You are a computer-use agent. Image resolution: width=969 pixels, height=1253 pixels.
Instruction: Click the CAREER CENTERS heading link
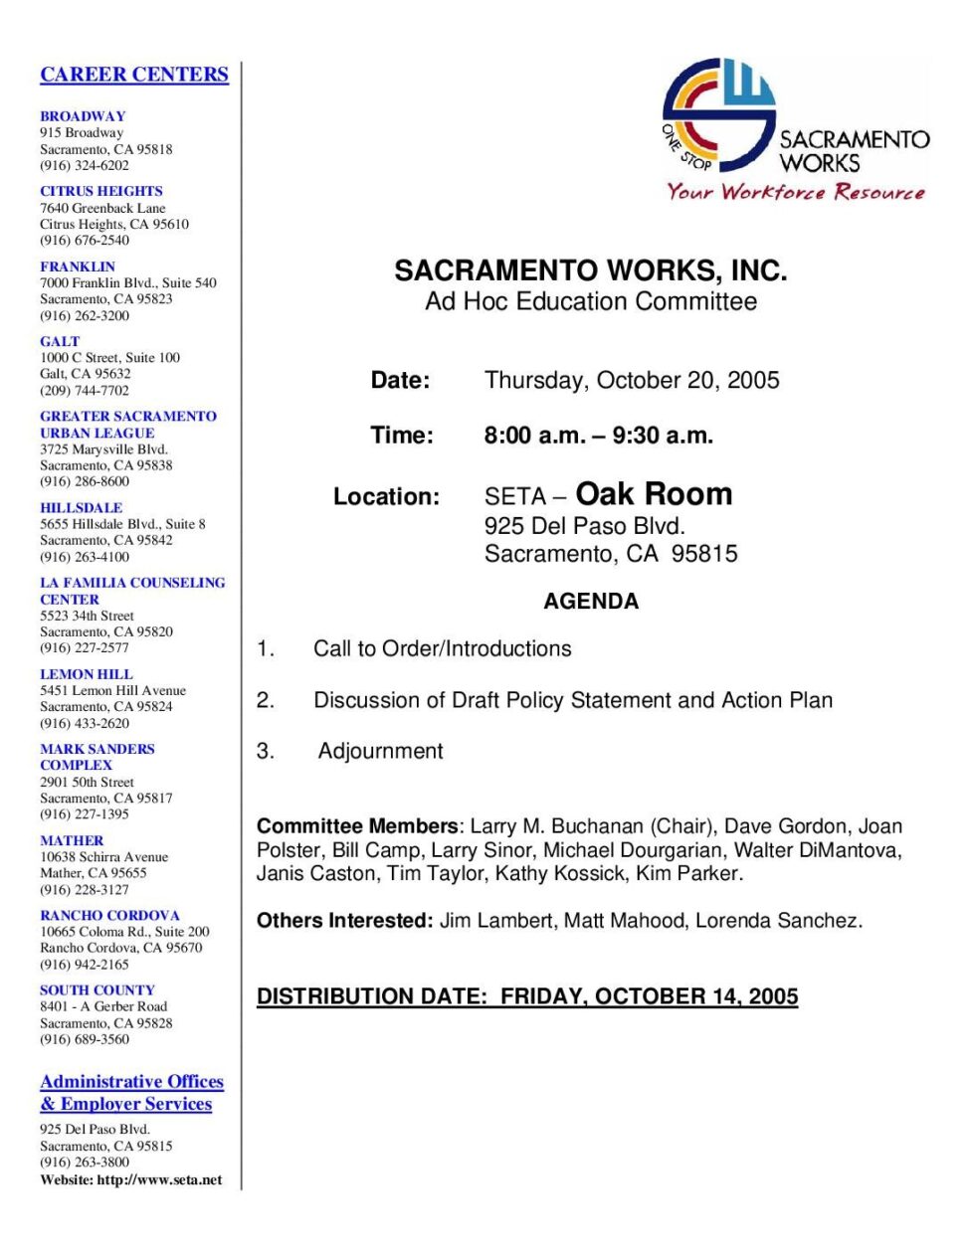pos(134,75)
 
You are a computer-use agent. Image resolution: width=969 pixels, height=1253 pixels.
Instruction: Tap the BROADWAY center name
pos(83,116)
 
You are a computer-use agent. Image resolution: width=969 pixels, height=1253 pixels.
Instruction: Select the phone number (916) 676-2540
pos(85,240)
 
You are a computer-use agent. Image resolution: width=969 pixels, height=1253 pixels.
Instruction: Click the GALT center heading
pos(60,341)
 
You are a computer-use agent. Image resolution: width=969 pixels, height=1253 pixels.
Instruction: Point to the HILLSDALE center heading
pos(82,507)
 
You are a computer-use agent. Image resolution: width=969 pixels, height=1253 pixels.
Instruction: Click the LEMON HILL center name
pos(87,674)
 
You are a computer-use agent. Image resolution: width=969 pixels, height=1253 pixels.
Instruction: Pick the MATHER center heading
pos(72,840)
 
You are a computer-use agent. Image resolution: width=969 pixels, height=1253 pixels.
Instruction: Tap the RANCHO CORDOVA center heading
pos(110,915)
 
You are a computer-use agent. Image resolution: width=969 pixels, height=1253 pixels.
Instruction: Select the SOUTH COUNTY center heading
pos(97,990)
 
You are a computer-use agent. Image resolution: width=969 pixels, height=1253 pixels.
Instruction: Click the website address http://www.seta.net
pos(159,1180)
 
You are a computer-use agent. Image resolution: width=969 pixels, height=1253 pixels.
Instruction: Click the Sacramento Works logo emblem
pos(718,114)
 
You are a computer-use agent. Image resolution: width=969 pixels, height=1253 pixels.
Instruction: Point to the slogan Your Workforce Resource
pos(796,192)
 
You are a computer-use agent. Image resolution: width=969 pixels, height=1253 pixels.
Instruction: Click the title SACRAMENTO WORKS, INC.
pos(591,270)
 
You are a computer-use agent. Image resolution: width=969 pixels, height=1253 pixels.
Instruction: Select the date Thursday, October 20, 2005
pos(632,380)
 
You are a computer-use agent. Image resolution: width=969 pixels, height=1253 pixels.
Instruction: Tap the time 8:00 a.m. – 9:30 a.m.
pos(599,436)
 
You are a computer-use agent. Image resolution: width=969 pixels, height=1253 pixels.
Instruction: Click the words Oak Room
pos(654,494)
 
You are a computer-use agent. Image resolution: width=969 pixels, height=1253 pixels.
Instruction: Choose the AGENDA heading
pos(591,601)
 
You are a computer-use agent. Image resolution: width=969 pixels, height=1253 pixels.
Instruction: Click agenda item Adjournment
pos(380,751)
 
